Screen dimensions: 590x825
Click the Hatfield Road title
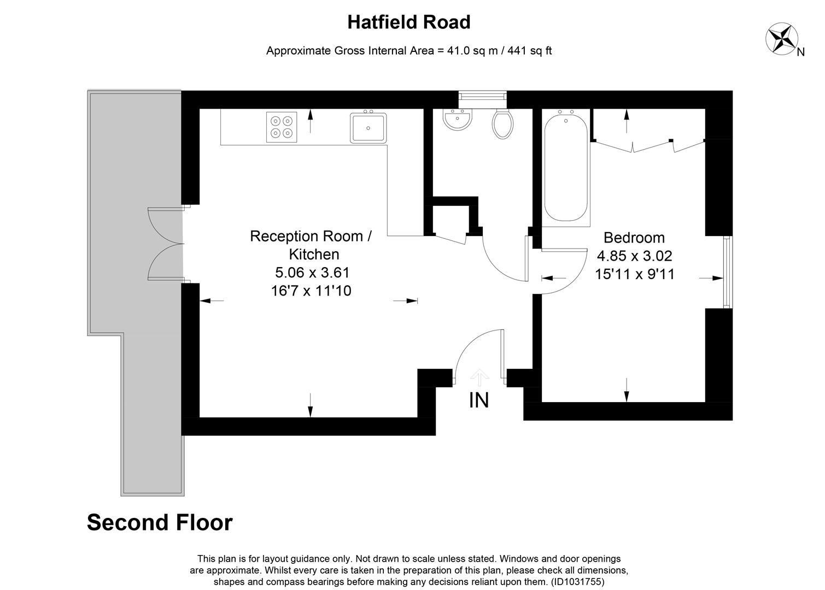pos(408,22)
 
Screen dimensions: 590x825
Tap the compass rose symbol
pos(781,38)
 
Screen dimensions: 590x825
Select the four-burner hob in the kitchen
pos(282,127)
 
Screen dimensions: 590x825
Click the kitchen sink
pos(368,128)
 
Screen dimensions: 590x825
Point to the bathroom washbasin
pos(457,120)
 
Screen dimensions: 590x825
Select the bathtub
pos(566,166)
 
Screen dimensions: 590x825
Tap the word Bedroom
pos(634,238)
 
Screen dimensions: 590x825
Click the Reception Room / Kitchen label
pos(311,245)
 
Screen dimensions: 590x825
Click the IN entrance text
pos(479,400)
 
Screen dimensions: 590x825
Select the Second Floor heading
pos(160,522)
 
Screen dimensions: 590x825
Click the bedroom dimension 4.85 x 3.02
pos(634,256)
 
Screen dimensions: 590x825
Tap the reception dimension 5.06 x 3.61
pos(311,272)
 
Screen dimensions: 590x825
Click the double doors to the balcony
pos(165,243)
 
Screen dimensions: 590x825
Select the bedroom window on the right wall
pos(727,272)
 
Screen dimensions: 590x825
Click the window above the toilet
pos(482,97)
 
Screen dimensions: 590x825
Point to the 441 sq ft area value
pos(529,51)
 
